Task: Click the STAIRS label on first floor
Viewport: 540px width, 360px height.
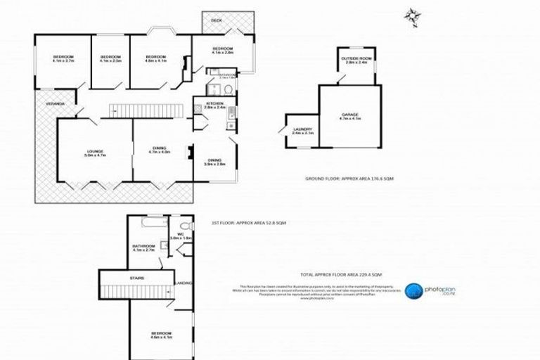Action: pos(136,278)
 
